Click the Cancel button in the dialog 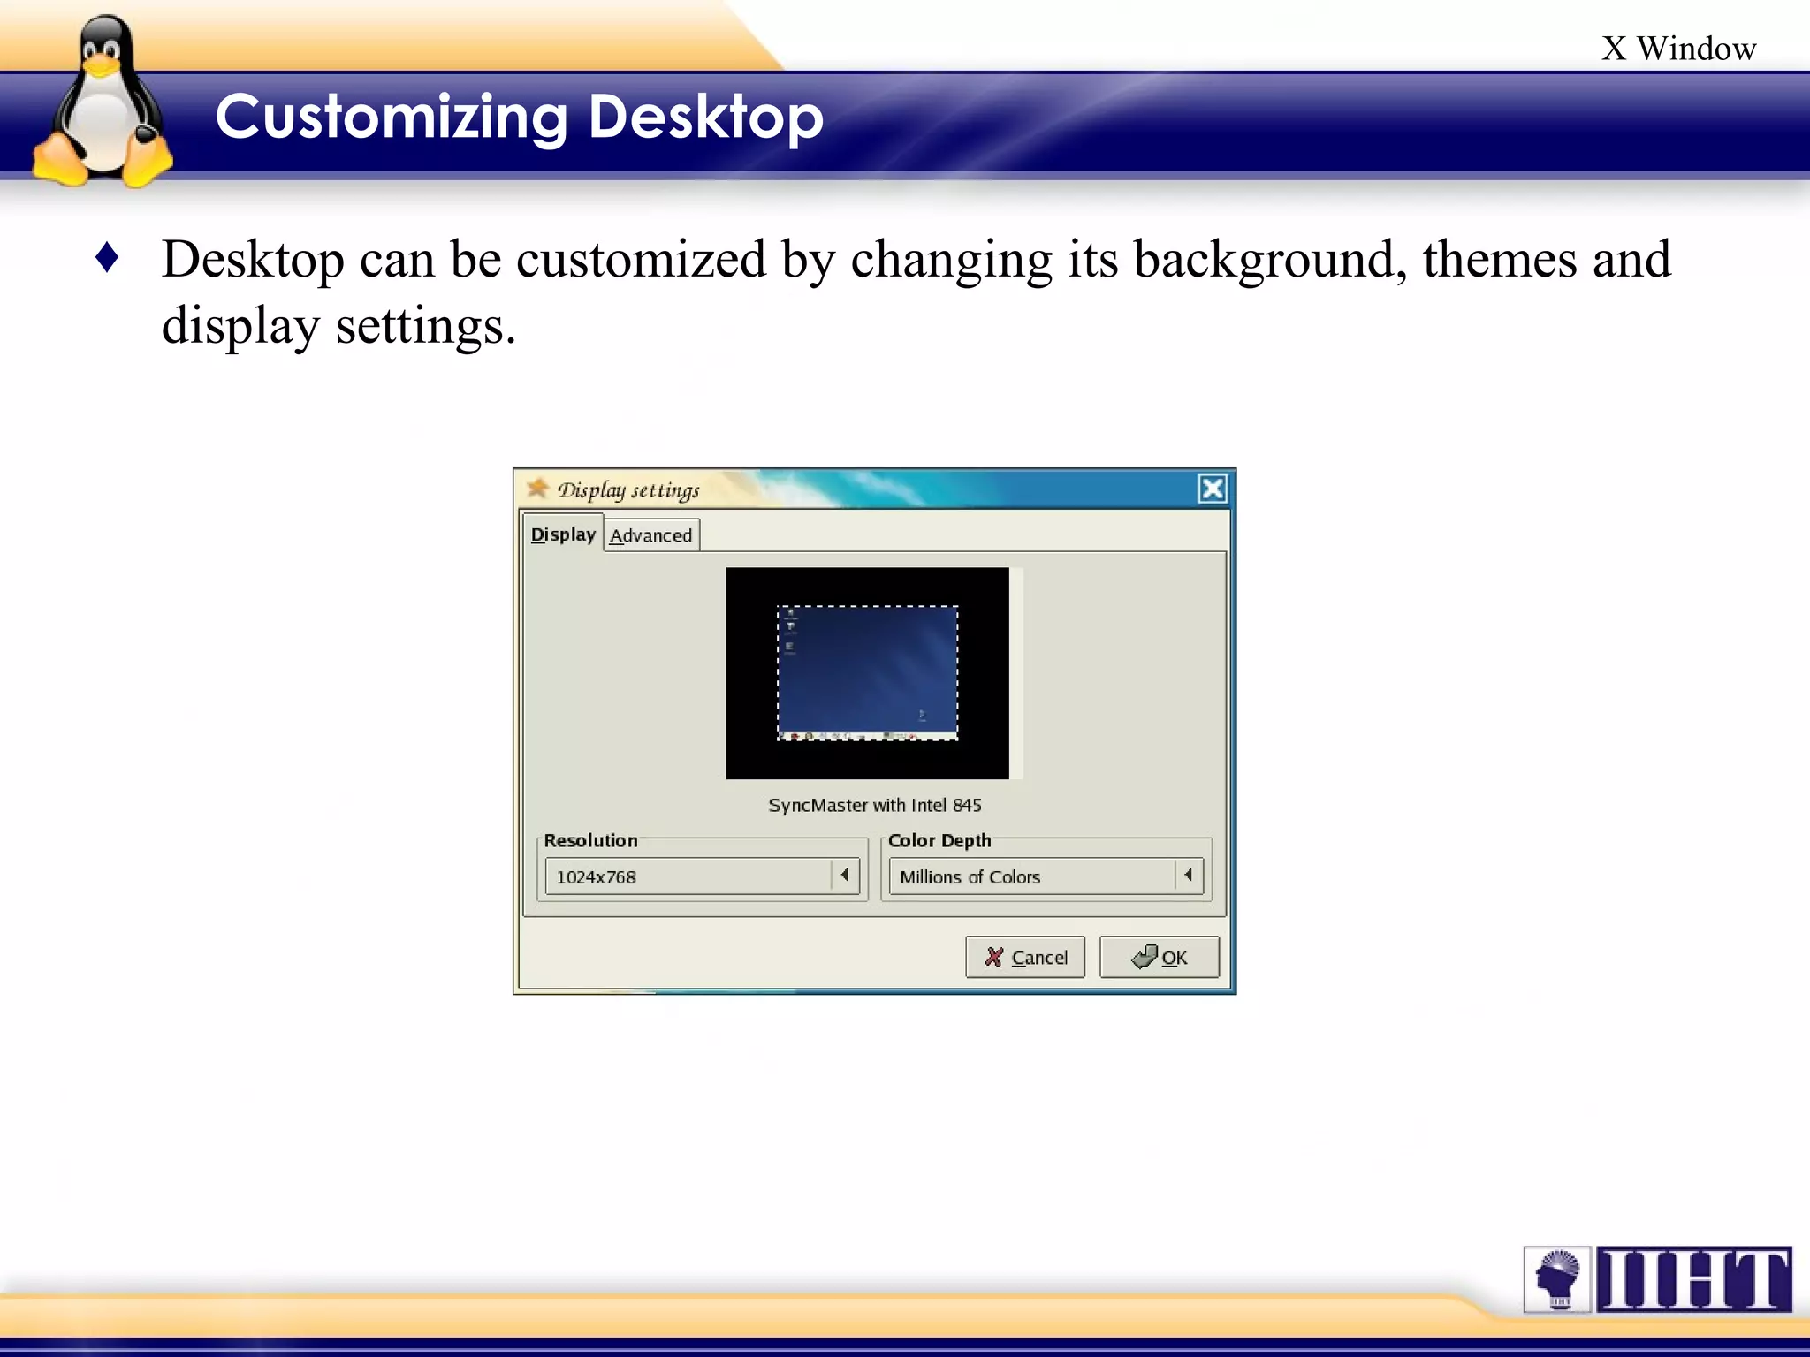click(x=1025, y=958)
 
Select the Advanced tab click(x=651, y=535)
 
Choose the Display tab click(x=563, y=534)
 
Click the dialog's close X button click(x=1213, y=489)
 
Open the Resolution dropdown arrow click(x=845, y=876)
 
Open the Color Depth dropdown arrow click(x=1189, y=876)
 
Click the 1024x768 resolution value click(x=597, y=877)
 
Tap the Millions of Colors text click(x=970, y=877)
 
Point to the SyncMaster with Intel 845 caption click(x=875, y=805)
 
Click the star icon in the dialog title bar click(x=537, y=488)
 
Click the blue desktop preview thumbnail click(x=867, y=672)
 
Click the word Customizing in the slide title click(x=391, y=117)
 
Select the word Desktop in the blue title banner click(x=705, y=117)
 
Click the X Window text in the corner click(x=1678, y=49)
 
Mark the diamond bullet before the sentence click(x=107, y=258)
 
